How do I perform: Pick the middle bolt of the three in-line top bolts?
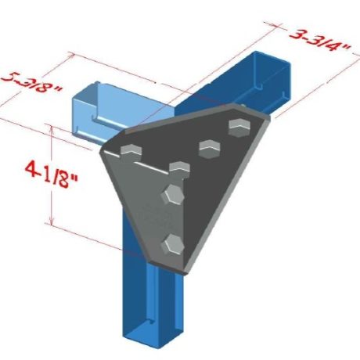pyautogui.click(x=208, y=146)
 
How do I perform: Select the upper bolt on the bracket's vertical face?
pyautogui.click(x=170, y=195)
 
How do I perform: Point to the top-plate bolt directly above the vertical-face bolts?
pyautogui.click(x=179, y=167)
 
